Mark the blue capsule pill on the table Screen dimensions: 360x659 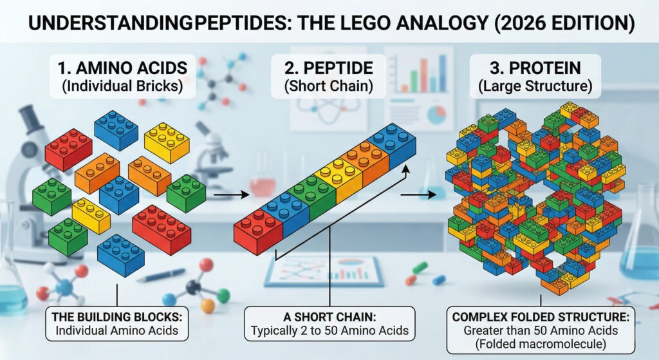point(439,279)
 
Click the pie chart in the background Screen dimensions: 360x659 point(437,114)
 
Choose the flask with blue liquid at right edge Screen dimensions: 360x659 point(640,251)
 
